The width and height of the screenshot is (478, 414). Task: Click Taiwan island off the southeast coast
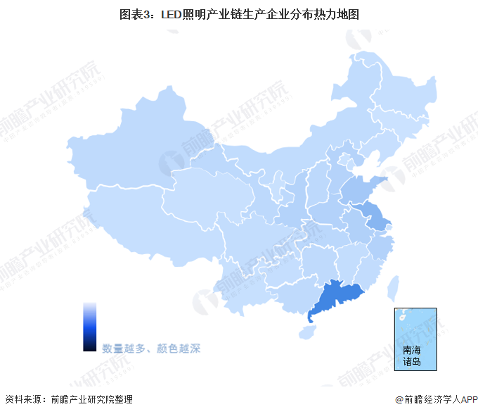coord(394,287)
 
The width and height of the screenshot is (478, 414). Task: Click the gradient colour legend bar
coord(89,326)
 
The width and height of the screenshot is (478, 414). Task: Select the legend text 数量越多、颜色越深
coord(151,348)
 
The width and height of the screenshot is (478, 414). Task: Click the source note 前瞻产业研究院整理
coord(91,399)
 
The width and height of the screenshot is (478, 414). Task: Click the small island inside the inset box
coord(403,317)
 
